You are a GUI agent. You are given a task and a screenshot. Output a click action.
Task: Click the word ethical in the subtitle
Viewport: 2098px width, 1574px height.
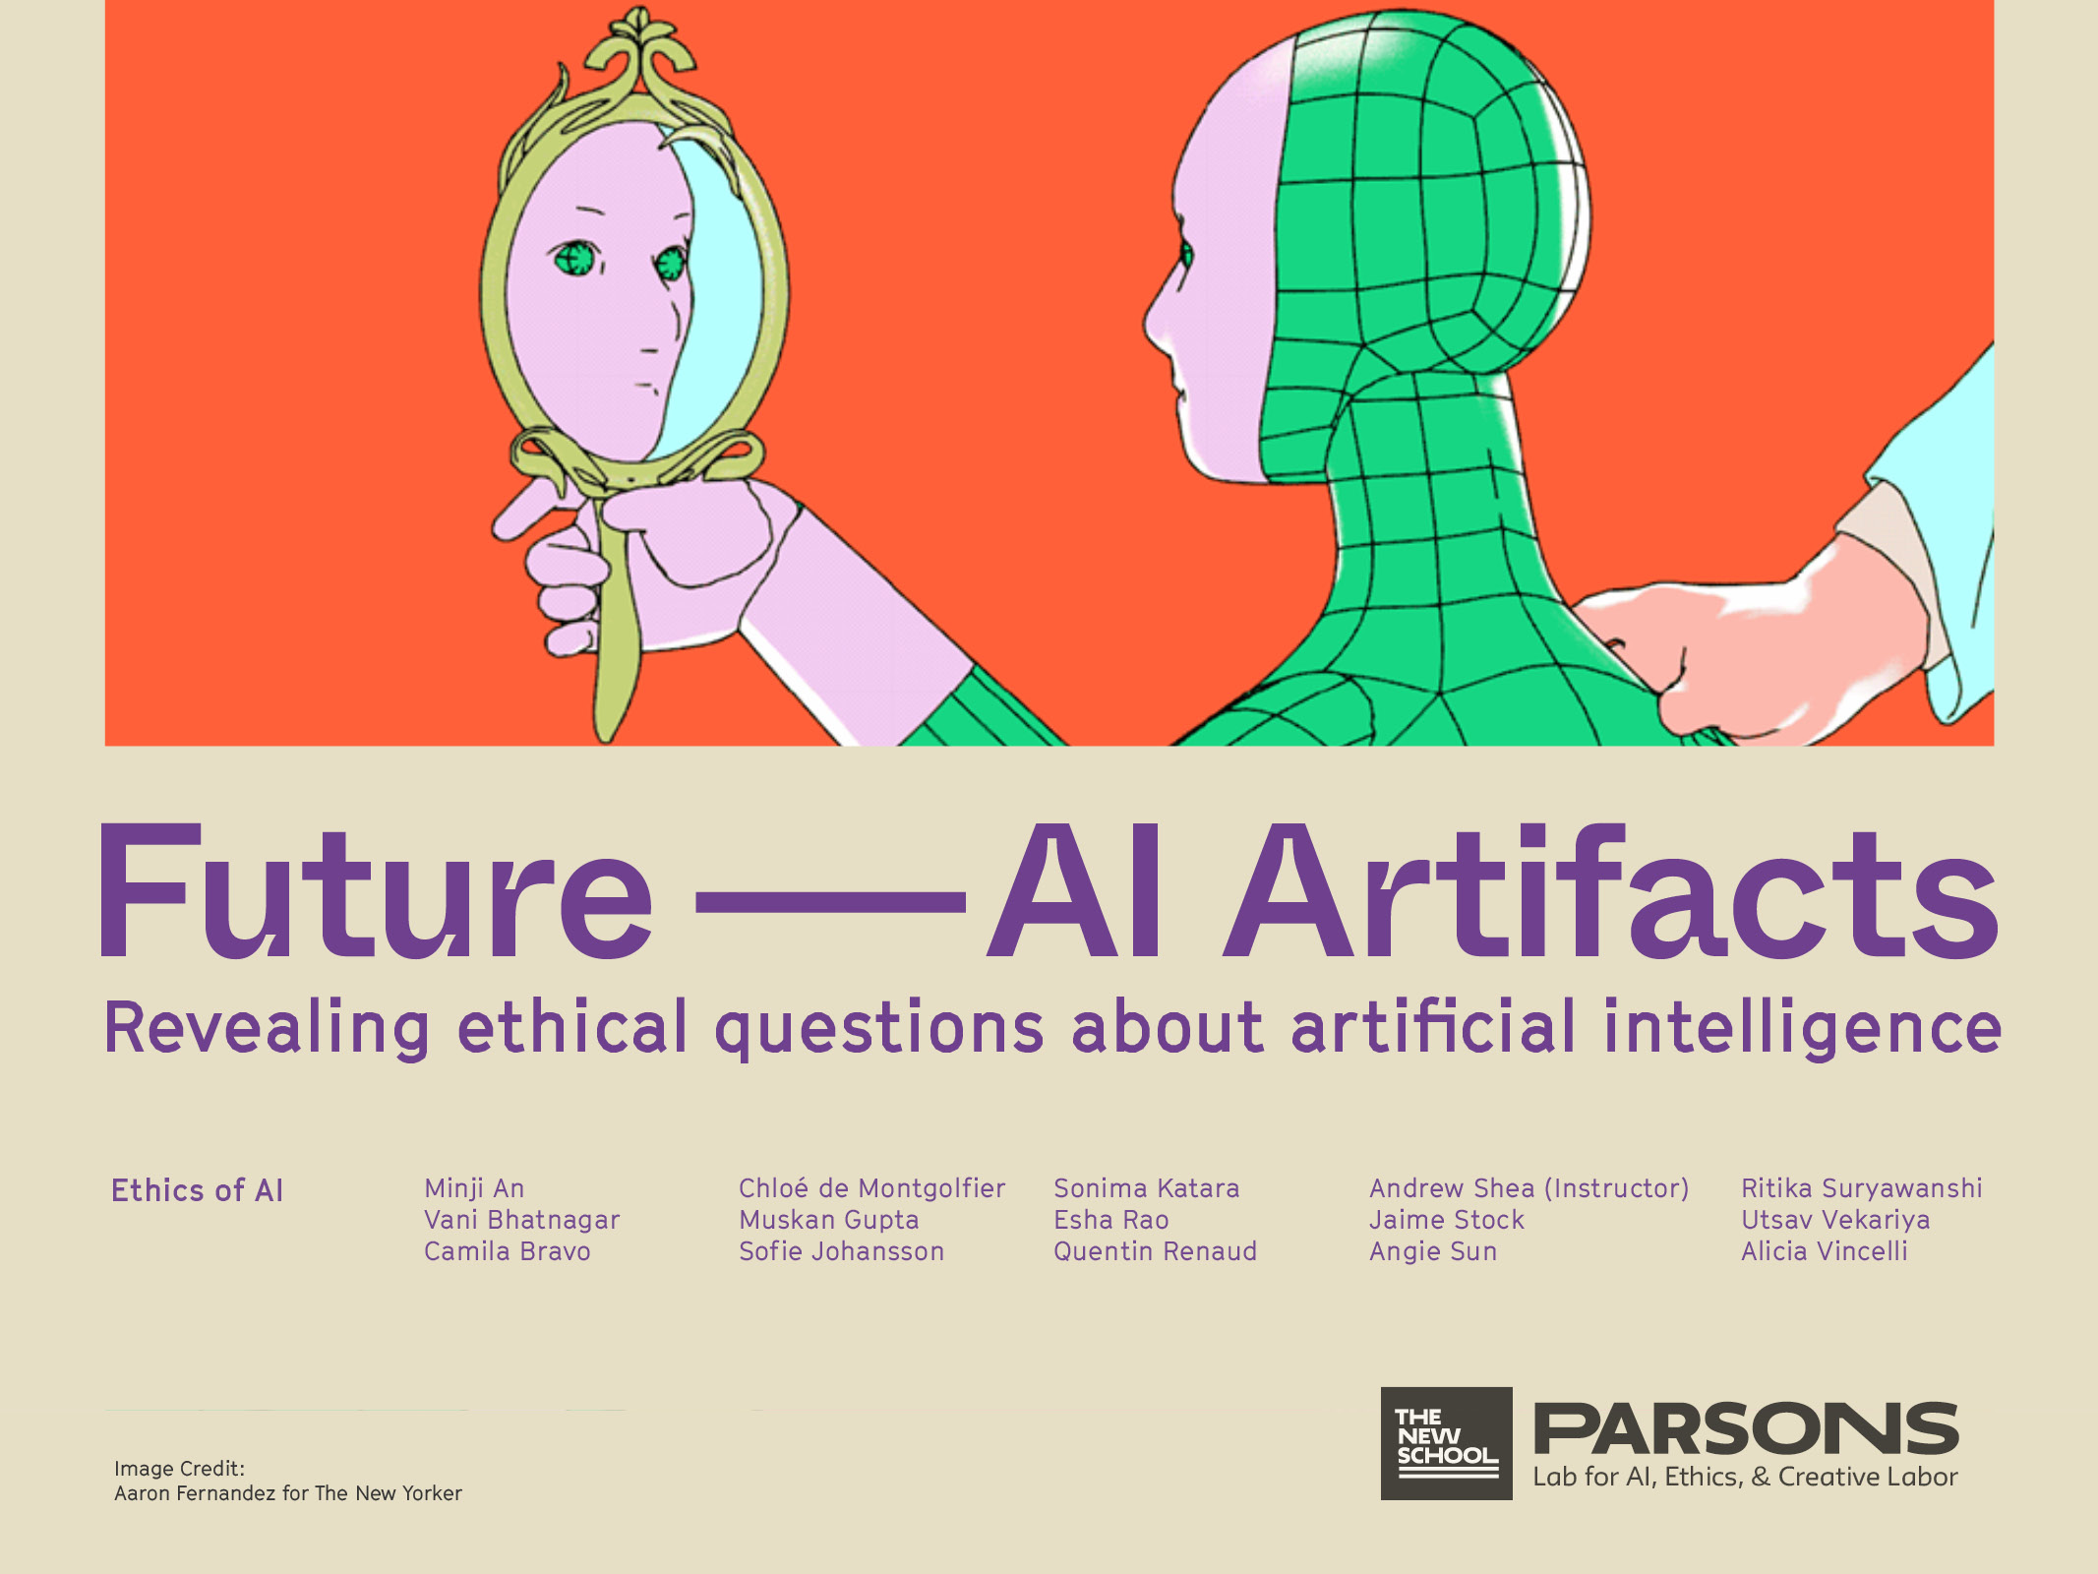point(572,1027)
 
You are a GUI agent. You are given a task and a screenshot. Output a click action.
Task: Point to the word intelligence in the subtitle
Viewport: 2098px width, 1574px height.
point(1802,1029)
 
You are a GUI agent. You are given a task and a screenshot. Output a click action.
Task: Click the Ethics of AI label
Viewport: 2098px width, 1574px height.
point(197,1190)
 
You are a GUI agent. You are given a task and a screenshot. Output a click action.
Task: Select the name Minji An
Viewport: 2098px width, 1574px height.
point(474,1188)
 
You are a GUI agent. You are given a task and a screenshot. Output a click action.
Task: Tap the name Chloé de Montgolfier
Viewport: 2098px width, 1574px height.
point(871,1188)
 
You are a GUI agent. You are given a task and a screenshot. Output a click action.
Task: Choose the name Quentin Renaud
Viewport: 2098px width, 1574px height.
point(1155,1251)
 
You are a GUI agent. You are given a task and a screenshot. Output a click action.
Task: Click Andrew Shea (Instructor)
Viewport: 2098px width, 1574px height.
point(1529,1188)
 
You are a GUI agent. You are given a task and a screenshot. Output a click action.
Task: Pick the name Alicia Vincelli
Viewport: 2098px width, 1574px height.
point(1824,1251)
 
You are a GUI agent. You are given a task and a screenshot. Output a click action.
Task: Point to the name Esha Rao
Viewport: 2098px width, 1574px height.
point(1110,1220)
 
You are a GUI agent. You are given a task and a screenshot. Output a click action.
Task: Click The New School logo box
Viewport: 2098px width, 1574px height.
point(1446,1443)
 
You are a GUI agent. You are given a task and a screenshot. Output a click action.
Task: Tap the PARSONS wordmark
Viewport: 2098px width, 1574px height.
point(1746,1429)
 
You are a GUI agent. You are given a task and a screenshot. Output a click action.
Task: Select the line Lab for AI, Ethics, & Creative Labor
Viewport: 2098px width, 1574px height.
point(1745,1477)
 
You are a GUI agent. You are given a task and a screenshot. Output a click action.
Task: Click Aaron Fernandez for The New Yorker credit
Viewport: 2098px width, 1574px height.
point(287,1493)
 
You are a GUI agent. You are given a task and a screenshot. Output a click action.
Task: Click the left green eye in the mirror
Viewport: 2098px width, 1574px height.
point(574,259)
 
